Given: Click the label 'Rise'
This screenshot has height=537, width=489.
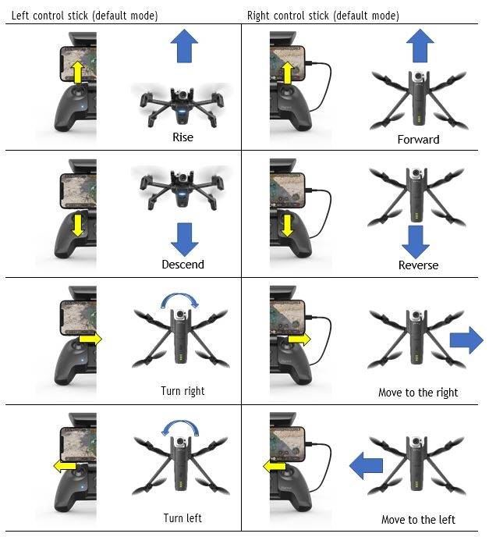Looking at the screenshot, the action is (182, 137).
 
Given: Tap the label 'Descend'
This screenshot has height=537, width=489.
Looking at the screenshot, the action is (182, 265).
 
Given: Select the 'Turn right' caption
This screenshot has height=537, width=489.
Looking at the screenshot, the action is (182, 391).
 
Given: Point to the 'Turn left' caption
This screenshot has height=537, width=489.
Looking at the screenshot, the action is (182, 517).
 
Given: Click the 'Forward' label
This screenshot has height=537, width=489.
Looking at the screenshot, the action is (418, 140).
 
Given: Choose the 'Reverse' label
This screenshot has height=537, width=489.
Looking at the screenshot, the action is (418, 265).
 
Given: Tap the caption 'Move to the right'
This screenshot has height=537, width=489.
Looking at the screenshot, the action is (418, 393).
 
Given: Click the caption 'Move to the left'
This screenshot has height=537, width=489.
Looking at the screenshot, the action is (418, 520).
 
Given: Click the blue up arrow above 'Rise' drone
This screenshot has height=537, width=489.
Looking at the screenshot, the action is (184, 46).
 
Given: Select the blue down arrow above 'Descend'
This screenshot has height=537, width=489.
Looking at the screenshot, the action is (184, 240).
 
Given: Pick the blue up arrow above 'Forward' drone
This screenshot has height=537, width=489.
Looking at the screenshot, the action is (420, 45).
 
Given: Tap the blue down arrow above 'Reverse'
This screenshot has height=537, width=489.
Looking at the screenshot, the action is (416, 242).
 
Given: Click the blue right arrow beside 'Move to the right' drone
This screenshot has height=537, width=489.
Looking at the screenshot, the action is (466, 340).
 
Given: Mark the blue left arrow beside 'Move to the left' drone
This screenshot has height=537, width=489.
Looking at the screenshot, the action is (366, 465).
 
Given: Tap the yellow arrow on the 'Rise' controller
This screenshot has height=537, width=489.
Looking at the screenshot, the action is (78, 73).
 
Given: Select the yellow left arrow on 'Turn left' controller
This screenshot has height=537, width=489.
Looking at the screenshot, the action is (65, 466).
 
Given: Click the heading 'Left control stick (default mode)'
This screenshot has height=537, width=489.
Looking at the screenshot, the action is (84, 16).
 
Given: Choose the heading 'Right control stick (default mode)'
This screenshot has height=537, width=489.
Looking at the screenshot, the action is (323, 16).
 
